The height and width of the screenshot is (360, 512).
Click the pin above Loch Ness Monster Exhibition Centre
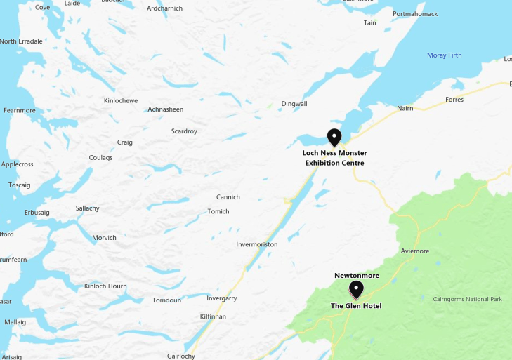tap(334, 138)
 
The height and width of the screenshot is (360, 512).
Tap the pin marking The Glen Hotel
tap(356, 289)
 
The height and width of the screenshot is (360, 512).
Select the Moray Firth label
tap(445, 55)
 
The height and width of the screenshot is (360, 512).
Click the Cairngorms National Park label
tap(468, 300)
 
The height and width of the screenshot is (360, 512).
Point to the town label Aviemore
tap(414, 251)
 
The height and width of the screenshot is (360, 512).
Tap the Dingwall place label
tap(294, 104)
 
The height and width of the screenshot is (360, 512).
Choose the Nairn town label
tap(405, 108)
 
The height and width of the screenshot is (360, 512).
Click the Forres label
tap(454, 100)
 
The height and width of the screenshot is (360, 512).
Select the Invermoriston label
tap(257, 244)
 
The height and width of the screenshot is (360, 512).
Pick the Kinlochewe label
tap(121, 101)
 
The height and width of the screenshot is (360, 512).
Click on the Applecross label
tap(18, 164)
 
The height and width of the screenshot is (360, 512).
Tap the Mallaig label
tap(15, 322)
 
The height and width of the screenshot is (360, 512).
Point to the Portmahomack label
tap(415, 14)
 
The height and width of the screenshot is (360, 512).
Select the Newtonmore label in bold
tap(357, 275)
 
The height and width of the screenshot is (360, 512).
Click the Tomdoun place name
tap(167, 300)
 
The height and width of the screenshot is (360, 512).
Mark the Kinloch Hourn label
tap(105, 286)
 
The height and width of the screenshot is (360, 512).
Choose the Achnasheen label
tap(166, 109)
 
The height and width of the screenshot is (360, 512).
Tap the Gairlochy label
tap(180, 356)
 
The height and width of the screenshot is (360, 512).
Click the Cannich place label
tap(228, 197)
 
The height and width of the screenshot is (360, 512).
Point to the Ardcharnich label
tap(164, 8)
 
